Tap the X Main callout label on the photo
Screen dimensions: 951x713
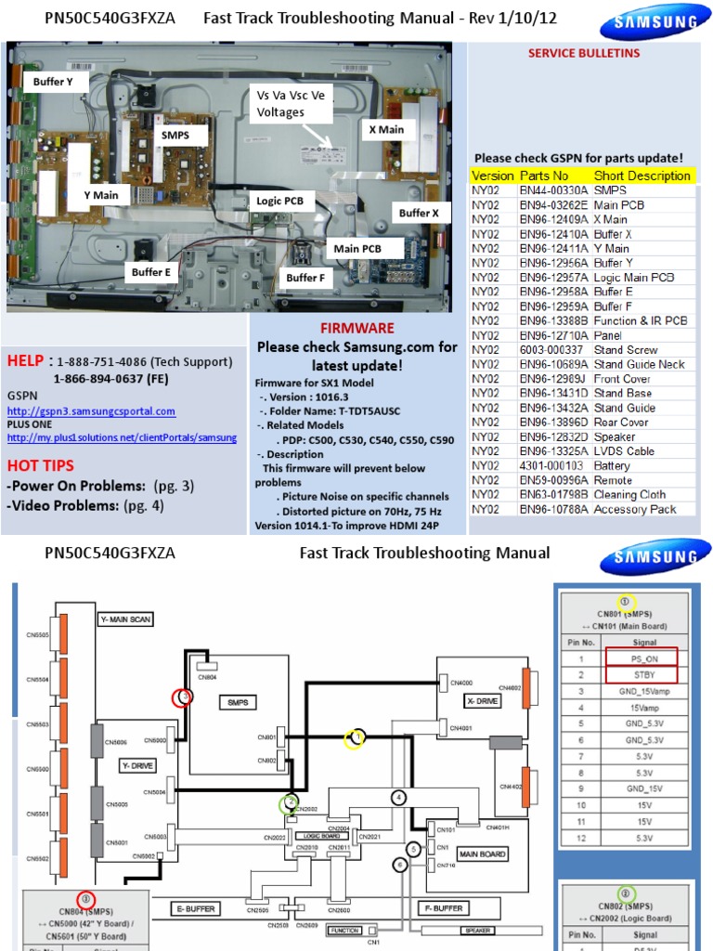386,130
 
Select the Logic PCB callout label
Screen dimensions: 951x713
279,200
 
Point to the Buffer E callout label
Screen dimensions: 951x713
150,272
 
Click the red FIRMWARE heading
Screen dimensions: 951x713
357,328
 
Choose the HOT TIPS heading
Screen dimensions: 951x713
40,465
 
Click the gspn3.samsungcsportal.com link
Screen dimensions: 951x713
91,410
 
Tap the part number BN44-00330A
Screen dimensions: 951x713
554,190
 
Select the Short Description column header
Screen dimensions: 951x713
642,176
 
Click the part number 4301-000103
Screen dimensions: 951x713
551,466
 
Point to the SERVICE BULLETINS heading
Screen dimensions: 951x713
584,53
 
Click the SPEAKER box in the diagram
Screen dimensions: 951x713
473,930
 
